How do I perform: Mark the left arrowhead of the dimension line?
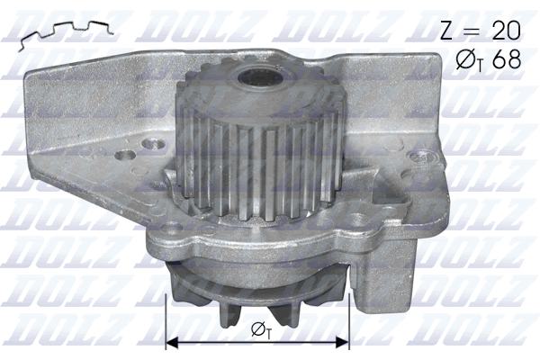175,343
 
